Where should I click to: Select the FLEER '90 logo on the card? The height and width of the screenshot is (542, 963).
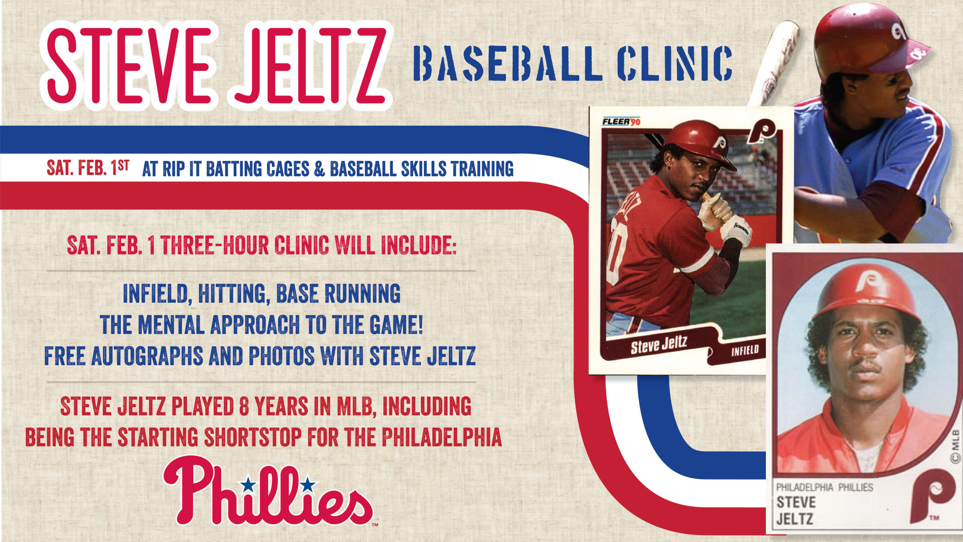click(621, 121)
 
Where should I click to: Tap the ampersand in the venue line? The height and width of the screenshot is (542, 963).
click(319, 169)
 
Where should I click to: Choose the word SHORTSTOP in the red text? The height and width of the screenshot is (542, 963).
click(253, 437)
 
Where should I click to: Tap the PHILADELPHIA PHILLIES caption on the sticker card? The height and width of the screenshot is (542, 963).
click(824, 487)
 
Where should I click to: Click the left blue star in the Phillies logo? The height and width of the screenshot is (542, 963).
click(249, 484)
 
